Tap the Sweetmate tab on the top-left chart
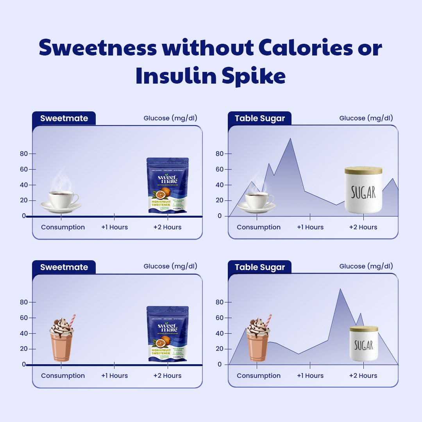64,118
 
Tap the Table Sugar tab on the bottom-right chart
259,267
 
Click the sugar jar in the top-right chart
363,191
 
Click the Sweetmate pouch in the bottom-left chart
168,334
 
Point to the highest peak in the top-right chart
290,139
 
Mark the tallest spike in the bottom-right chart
340,290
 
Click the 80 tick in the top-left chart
24,154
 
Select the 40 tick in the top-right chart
219,185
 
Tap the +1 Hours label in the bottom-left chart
114,376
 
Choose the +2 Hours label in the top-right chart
363,227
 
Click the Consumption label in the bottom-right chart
258,376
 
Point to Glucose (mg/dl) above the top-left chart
170,118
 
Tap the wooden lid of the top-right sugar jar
363,171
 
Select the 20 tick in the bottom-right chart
219,349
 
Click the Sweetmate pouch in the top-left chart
168,186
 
